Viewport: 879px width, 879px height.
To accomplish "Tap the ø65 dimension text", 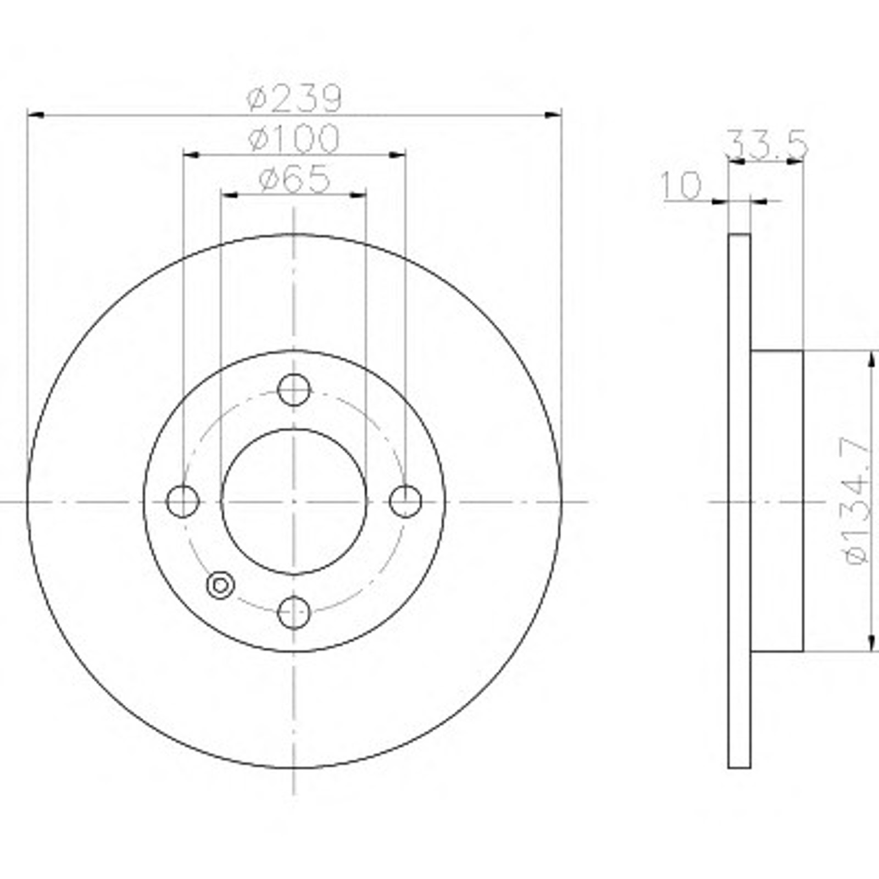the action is [x=294, y=178].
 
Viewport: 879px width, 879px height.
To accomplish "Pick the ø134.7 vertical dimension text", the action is [x=858, y=500].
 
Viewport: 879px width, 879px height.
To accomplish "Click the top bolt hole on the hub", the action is [x=294, y=390].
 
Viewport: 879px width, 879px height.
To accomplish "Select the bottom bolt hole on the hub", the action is [x=294, y=612].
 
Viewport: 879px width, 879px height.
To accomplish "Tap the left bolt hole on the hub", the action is [x=182, y=501].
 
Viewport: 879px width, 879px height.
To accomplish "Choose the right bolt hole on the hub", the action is [x=405, y=501].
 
